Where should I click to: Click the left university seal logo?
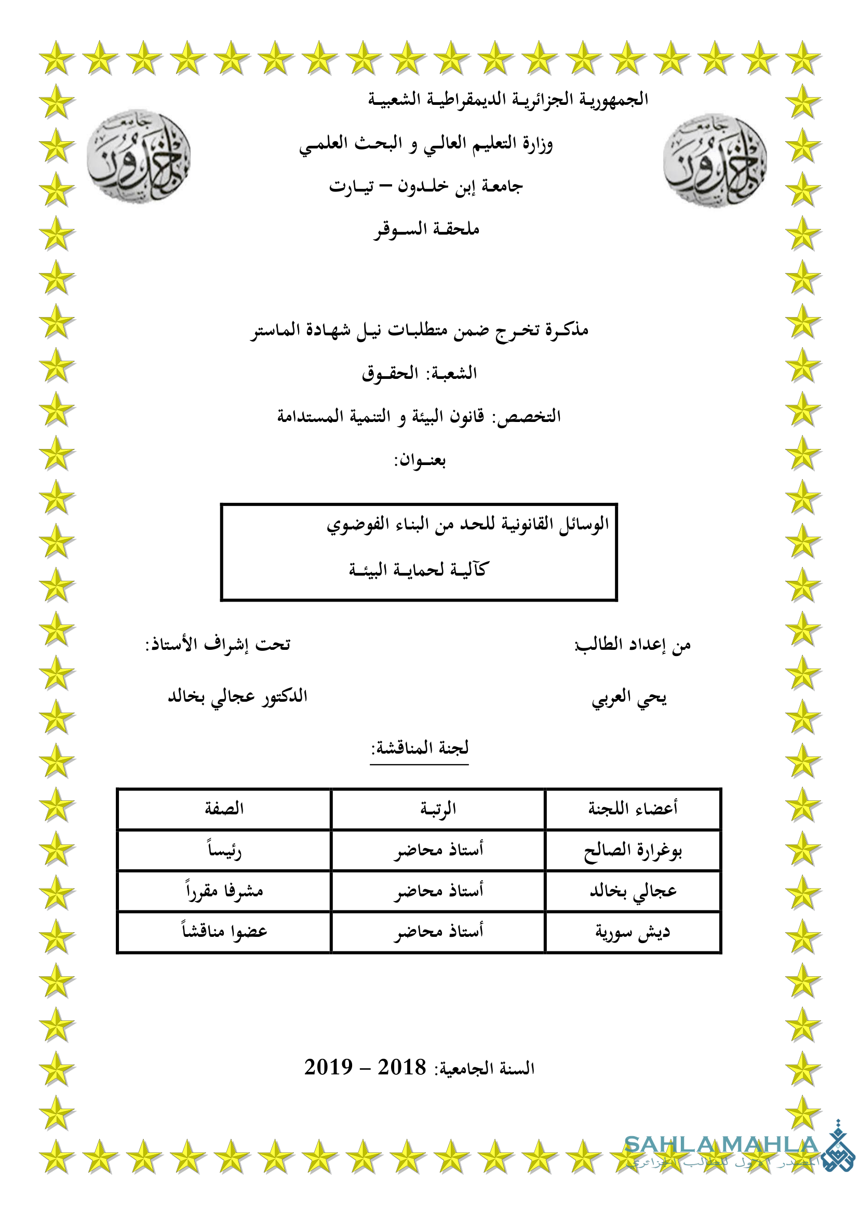pos(139,156)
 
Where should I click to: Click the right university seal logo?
pos(715,160)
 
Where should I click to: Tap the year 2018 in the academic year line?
pos(401,1067)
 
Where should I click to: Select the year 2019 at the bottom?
pos(328,1067)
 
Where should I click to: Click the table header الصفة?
pos(224,809)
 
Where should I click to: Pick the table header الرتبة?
pos(438,809)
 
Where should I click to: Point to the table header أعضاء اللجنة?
pos(633,809)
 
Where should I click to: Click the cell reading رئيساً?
pos(224,850)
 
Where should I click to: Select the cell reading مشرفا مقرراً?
pos(224,891)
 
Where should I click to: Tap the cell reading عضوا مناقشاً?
pos(224,932)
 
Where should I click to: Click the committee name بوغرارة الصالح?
pos(633,850)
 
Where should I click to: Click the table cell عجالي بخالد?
pos(633,892)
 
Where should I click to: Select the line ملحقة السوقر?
pos(426,229)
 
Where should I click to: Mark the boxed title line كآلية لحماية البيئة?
pos(419,570)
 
